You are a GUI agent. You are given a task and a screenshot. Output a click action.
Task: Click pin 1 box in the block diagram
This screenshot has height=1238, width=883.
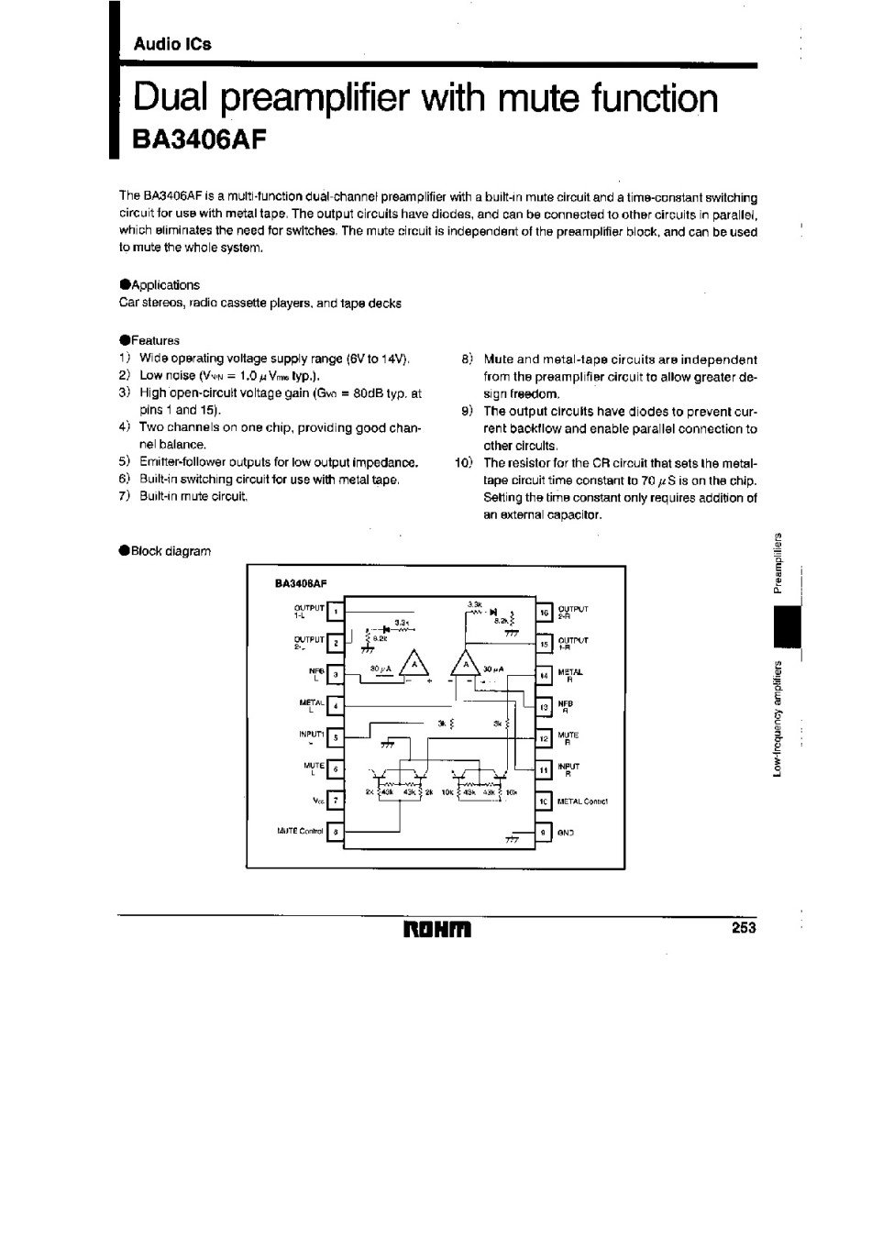pos(337,612)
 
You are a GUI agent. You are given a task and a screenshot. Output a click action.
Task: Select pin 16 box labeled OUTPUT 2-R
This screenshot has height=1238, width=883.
pos(544,612)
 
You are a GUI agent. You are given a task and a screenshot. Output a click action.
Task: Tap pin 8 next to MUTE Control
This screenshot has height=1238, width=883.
pos(337,832)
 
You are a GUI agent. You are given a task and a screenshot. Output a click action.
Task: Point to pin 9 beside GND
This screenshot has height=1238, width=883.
pos(544,832)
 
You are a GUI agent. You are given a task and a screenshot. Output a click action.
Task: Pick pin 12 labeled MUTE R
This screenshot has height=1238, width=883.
pos(544,738)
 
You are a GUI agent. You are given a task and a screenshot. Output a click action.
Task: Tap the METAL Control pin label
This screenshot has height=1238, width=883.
pos(582,801)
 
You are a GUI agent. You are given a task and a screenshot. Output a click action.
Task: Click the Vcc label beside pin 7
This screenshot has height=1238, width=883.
pos(318,800)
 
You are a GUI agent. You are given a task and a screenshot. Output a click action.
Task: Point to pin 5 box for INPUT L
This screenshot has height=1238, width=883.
pos(337,736)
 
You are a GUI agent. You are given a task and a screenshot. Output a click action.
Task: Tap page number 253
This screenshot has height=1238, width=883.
pos(743,928)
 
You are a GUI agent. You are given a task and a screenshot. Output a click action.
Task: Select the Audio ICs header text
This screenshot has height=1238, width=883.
pos(172,43)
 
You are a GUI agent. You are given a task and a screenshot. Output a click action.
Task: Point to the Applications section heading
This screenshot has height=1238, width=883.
pos(163,285)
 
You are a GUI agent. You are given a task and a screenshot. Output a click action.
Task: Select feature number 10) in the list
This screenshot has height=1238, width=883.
pos(462,462)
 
